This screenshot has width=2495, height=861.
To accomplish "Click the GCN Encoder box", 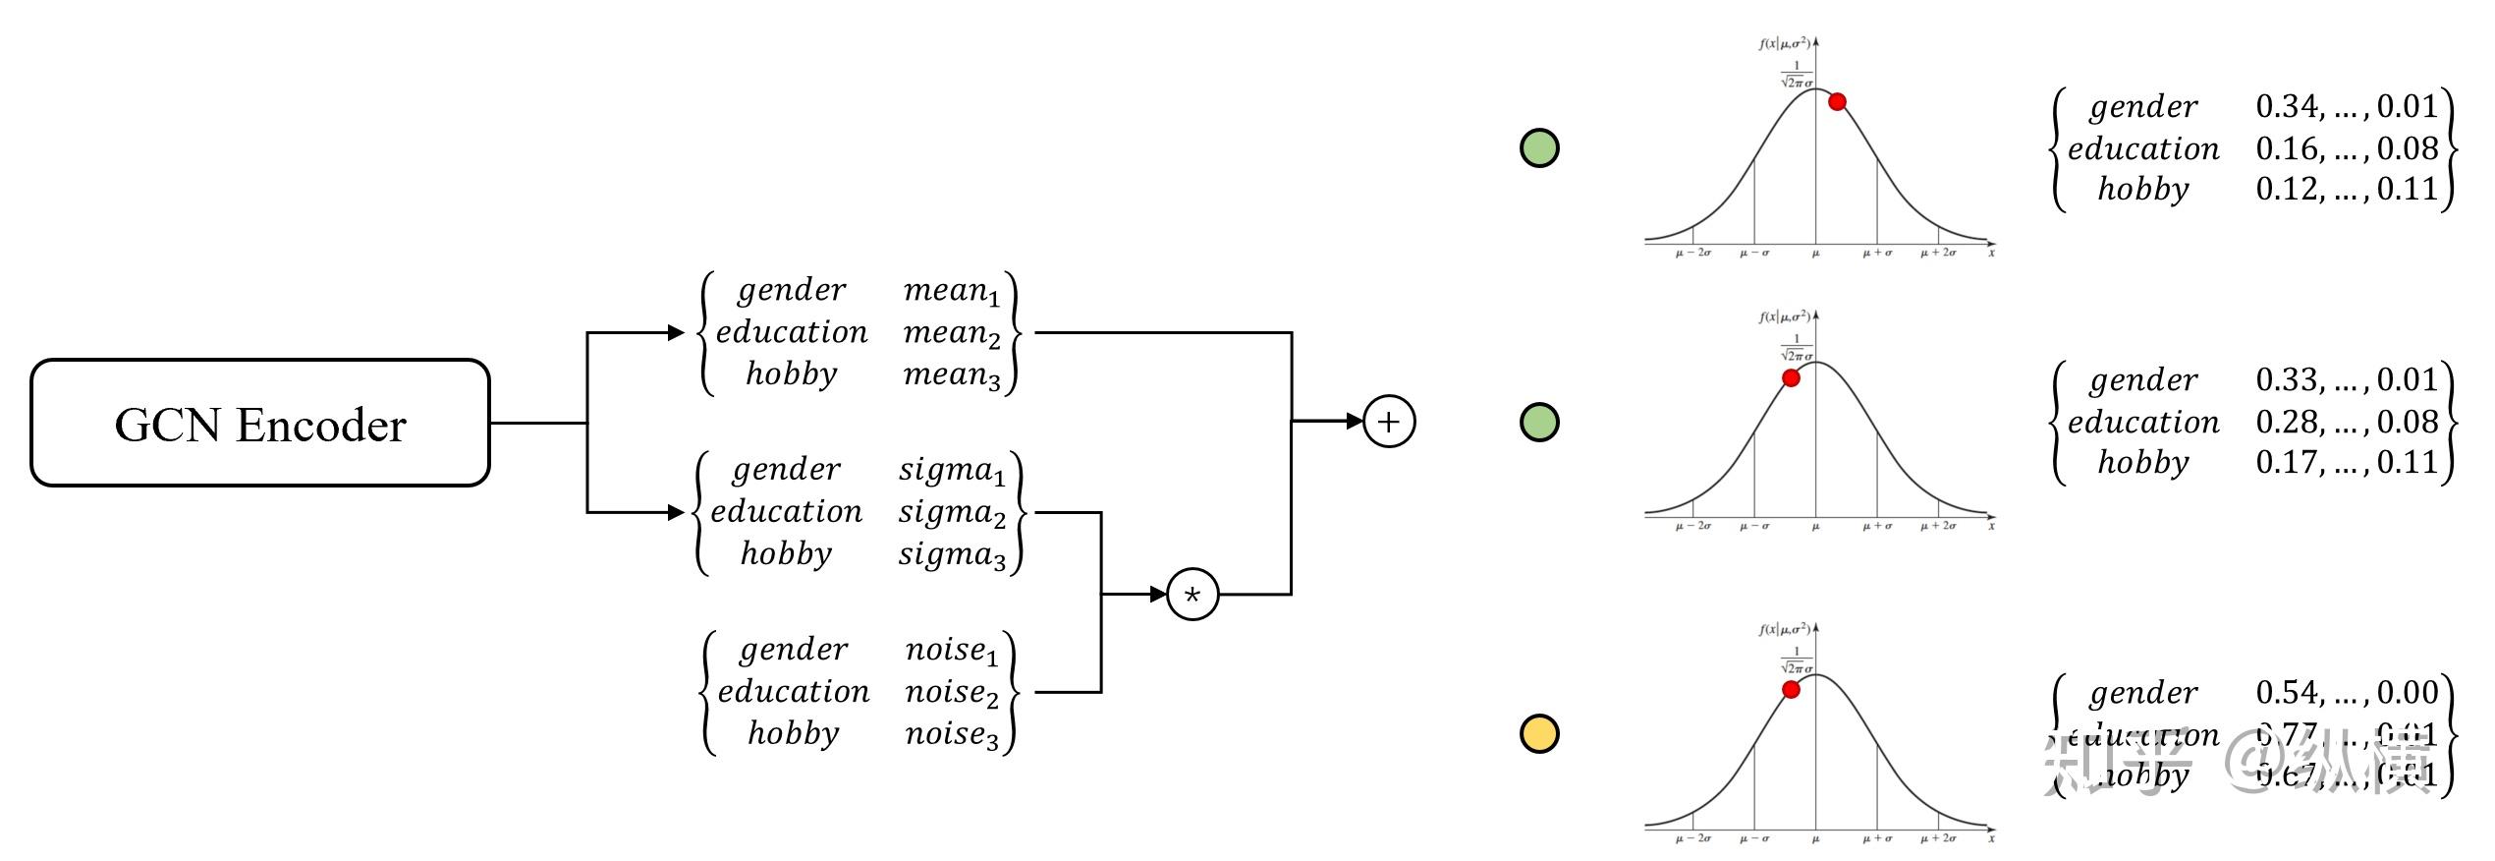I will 260,424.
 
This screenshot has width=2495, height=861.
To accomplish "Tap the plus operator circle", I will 1388,423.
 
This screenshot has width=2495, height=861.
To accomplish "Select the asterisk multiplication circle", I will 1192,595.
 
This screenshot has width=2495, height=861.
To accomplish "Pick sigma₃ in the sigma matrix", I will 951,555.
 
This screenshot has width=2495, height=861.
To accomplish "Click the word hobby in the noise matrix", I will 793,733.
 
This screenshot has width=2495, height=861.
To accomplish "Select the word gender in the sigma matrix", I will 786,470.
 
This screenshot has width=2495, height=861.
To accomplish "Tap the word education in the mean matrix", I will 791,332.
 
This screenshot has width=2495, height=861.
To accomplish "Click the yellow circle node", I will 1539,733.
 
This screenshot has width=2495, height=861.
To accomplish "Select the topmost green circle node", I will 1539,148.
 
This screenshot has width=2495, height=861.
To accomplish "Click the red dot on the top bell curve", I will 1837,101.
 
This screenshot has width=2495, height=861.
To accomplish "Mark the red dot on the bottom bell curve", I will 1791,690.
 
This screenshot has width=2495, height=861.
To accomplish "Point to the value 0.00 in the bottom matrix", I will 2408,693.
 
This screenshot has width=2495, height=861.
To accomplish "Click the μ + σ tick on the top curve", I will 1877,253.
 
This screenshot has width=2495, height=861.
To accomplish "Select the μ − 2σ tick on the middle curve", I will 1692,526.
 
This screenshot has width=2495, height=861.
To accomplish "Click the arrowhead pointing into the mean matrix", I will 676,333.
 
